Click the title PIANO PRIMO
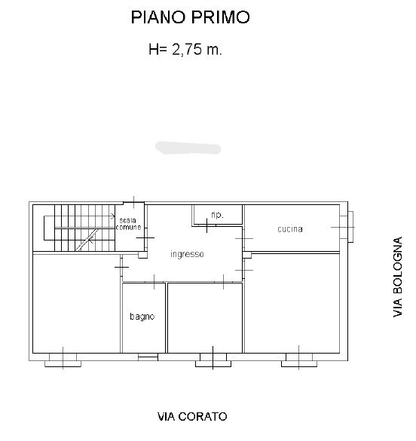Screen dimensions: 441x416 pyautogui.click(x=189, y=17)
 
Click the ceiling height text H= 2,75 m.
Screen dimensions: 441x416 pyautogui.click(x=185, y=50)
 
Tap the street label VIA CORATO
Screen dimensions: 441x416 pyautogui.click(x=192, y=416)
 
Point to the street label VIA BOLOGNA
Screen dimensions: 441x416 pyautogui.click(x=398, y=277)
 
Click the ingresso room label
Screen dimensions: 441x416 pyautogui.click(x=187, y=254)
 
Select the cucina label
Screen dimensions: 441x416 pyautogui.click(x=290, y=228)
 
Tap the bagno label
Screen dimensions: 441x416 pyautogui.click(x=142, y=317)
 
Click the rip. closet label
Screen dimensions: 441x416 pyautogui.click(x=217, y=214)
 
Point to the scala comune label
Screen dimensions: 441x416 pyautogui.click(x=128, y=223)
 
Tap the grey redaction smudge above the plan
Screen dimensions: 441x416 pyautogui.click(x=187, y=147)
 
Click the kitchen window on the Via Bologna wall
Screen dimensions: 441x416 pyautogui.click(x=349, y=225)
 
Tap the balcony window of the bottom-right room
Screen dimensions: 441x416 pyautogui.click(x=298, y=360)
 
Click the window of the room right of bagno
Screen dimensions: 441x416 pyautogui.click(x=212, y=360)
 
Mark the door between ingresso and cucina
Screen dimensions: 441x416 pyautogui.click(x=244, y=239)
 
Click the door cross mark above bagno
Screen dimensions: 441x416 pyautogui.click(x=154, y=283)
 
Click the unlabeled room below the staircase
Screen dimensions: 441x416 pyautogui.click(x=75, y=302)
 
